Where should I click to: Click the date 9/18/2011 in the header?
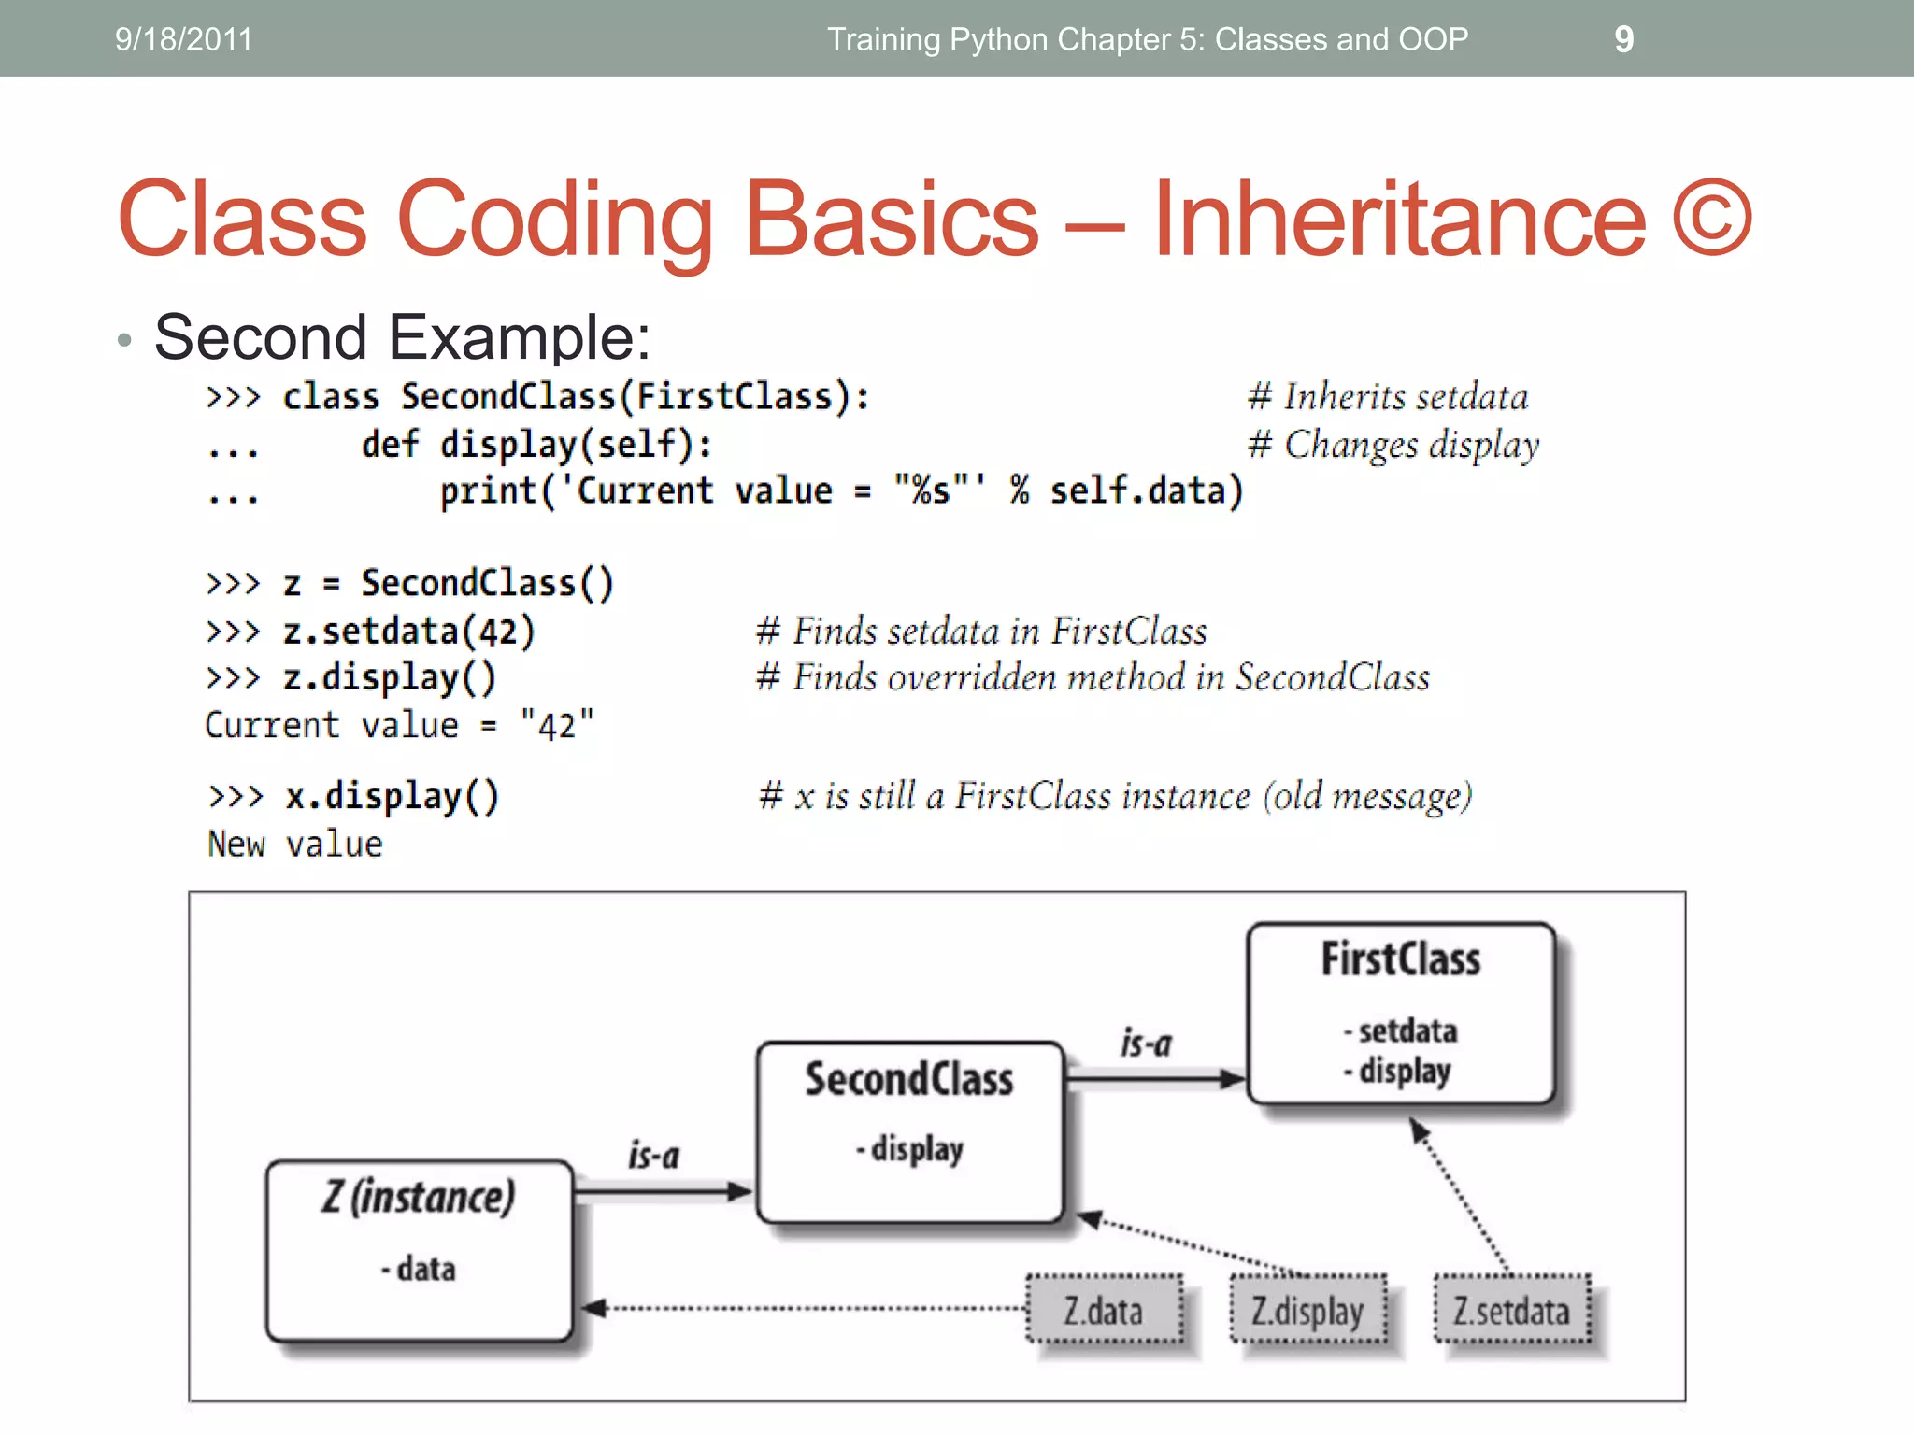click(x=183, y=39)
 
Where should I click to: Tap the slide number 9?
click(x=1624, y=39)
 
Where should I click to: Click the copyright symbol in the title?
click(x=1712, y=219)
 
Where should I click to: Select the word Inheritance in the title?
click(x=1399, y=219)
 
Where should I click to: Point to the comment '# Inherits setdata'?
click(x=1388, y=397)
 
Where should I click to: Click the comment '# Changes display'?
click(x=1393, y=445)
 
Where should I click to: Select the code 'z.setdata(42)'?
click(x=409, y=632)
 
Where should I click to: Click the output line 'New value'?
click(x=295, y=845)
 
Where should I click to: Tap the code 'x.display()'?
click(x=393, y=796)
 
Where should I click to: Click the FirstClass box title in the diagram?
click(x=1401, y=959)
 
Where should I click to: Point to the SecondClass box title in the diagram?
click(x=909, y=1079)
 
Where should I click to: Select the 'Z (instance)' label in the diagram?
click(x=419, y=1197)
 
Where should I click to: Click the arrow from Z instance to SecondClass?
click(x=664, y=1191)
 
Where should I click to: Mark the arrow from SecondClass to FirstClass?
click(x=1155, y=1079)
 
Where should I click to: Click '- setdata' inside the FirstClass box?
click(x=1401, y=1031)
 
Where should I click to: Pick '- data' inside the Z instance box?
click(x=419, y=1269)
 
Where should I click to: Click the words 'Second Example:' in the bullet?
click(x=402, y=337)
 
